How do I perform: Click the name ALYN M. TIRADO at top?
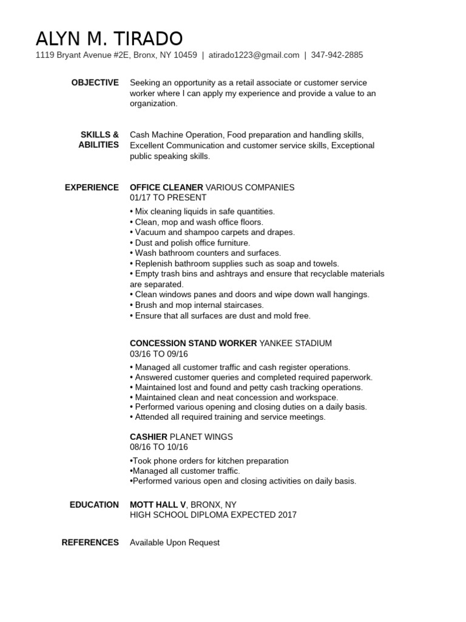pos(109,39)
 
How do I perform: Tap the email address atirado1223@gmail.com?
pos(254,55)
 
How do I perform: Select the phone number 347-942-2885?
pos(337,55)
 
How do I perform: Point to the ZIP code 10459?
pos(185,55)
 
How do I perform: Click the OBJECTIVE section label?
pos(95,83)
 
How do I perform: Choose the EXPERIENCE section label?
pos(92,187)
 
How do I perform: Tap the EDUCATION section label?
pos(94,505)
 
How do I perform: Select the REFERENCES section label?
pos(90,542)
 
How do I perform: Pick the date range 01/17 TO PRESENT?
pos(168,197)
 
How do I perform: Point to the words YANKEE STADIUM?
pos(295,343)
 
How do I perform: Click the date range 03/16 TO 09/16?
pos(159,354)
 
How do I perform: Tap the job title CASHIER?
pos(149,437)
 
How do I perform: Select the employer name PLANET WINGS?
pos(201,437)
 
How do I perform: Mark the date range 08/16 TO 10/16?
pos(159,447)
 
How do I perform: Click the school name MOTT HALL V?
pos(158,505)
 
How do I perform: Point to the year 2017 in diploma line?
pos(285,515)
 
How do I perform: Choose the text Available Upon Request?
pos(175,542)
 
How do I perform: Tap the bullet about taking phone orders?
pos(209,461)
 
